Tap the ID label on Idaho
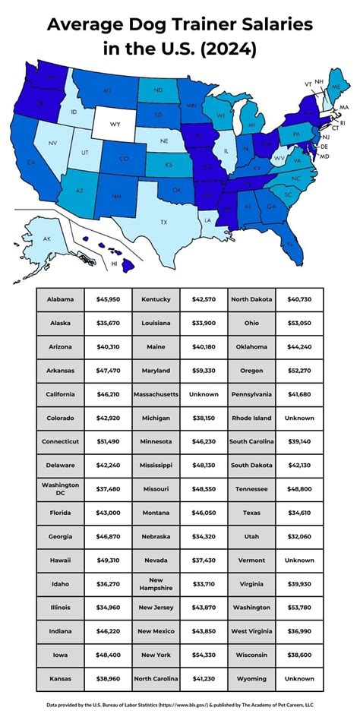[74, 112]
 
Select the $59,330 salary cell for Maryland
[204, 371]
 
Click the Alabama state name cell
[60, 299]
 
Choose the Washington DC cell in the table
[60, 490]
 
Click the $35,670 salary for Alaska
[109, 323]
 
